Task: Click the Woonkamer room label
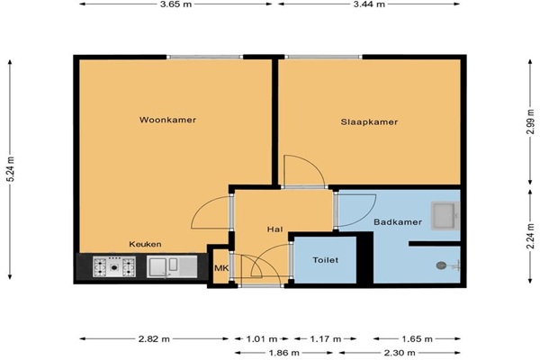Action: (167, 120)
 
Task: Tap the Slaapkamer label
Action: (369, 122)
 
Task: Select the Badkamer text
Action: (398, 222)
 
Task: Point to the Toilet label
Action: (326, 260)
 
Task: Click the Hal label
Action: (274, 229)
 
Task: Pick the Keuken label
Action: (145, 244)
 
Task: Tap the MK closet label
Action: (220, 267)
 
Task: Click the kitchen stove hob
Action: (114, 266)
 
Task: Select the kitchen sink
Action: (172, 266)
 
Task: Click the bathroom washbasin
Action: (445, 216)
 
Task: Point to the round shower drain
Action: (441, 265)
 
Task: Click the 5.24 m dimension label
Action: (10, 169)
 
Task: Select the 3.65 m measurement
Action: (175, 4)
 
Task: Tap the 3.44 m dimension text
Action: (369, 4)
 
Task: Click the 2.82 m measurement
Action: (154, 339)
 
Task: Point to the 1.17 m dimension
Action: (326, 339)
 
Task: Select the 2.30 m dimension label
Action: (400, 353)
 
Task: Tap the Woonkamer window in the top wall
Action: (205, 57)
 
